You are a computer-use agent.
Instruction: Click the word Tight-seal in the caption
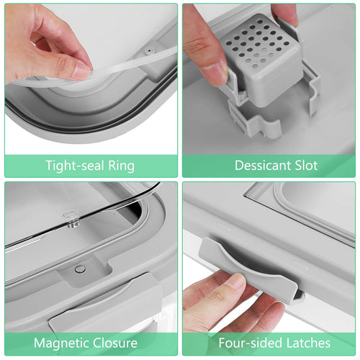75,166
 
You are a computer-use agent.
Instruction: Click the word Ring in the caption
121,166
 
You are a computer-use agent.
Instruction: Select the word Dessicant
263,166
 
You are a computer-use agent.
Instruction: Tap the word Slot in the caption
306,166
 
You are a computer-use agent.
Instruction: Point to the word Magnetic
62,343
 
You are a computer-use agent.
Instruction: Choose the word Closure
115,343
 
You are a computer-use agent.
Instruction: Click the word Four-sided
251,343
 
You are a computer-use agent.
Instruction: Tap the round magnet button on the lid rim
80,269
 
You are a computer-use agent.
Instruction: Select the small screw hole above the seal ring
150,50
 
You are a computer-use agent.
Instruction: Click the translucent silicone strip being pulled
101,72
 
